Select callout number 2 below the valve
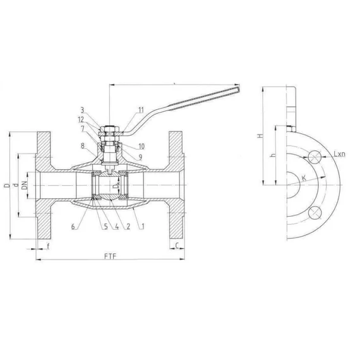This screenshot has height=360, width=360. (x=128, y=226)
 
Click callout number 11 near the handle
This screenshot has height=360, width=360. (x=141, y=110)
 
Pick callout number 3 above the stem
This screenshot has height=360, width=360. (x=82, y=109)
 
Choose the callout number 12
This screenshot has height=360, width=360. (x=82, y=119)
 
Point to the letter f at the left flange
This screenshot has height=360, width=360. (x=48, y=246)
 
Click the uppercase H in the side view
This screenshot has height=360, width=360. (x=260, y=136)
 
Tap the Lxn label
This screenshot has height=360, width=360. (x=339, y=153)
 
